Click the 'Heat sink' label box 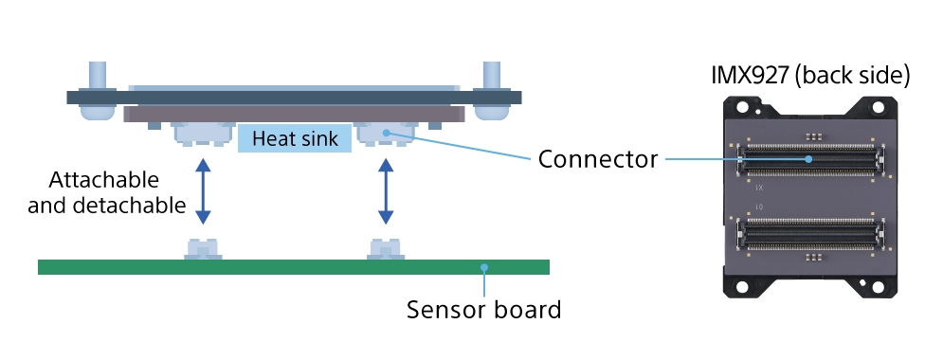294,139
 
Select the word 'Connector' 597,159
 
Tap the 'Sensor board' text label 483,310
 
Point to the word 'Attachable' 103,179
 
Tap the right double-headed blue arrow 386,191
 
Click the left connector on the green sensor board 203,249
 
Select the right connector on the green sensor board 386,249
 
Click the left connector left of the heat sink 203,135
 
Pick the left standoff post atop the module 97,76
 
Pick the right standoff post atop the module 491,76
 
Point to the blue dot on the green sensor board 483,267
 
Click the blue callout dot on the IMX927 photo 808,159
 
